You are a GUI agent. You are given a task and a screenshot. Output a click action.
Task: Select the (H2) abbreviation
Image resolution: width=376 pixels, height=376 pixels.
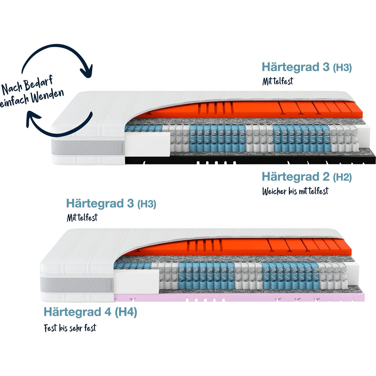point(342,177)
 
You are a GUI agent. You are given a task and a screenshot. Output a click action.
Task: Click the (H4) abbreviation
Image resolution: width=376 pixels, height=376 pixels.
point(126,312)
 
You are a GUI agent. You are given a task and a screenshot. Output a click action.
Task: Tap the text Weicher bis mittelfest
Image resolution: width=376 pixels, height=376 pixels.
point(295,191)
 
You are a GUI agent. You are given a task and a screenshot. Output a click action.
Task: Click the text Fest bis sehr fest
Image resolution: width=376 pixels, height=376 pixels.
point(70,328)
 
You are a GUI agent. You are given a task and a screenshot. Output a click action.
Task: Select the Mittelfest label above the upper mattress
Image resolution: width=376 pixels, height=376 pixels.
point(277,81)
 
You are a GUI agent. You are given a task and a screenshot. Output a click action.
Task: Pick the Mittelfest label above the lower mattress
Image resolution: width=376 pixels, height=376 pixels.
point(82,218)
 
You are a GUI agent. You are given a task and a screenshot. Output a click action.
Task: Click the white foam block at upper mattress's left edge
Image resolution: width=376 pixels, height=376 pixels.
point(147,144)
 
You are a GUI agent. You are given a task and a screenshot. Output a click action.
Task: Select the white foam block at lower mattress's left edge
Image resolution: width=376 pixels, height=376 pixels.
point(136,282)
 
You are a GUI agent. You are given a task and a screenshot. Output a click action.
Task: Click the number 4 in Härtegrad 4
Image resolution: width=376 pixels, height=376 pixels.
point(108,312)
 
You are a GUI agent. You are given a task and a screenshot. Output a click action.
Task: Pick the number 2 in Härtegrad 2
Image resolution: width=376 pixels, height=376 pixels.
point(326,177)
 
